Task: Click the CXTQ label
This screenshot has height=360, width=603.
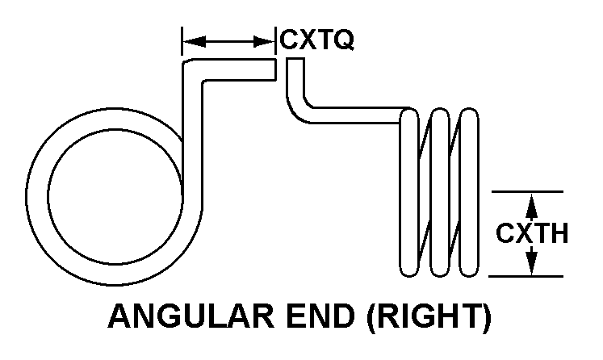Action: [316, 40]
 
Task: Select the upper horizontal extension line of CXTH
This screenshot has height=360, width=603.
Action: [526, 191]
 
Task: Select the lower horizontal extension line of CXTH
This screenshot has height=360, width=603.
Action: [526, 277]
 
